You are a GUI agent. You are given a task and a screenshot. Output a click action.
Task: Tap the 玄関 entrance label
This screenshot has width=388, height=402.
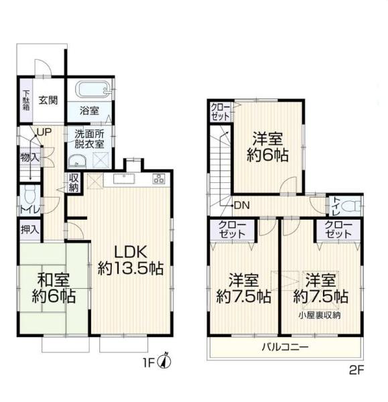48,100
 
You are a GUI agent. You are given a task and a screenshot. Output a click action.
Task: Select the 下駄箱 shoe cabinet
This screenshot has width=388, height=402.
26,100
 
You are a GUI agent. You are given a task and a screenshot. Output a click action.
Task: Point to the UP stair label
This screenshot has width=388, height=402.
44,132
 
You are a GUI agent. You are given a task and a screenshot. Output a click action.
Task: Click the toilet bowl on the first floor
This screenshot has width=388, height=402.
29,195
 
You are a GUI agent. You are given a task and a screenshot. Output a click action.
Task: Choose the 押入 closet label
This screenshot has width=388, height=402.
29,230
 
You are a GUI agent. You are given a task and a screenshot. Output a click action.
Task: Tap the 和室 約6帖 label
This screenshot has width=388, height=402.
54,288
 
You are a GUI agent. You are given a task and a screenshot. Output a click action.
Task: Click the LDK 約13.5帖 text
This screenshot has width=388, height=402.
131,260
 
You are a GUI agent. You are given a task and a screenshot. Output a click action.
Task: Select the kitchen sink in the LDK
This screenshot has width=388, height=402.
124,179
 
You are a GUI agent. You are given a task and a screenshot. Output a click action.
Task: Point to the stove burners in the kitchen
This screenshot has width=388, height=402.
159,179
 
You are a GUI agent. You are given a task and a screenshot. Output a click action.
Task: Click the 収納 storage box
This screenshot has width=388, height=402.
73,182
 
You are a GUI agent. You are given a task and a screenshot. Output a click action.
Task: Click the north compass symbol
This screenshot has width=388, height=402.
166,362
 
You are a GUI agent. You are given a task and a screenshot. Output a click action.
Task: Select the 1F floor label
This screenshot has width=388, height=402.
149,362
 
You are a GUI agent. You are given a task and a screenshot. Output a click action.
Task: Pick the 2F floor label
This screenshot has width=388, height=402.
357,371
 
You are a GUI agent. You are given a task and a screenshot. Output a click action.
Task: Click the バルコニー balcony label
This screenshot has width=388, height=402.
285,348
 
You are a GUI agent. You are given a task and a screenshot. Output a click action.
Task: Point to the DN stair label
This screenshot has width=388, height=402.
242,206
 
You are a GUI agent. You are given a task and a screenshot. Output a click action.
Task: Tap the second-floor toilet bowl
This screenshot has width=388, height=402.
350,206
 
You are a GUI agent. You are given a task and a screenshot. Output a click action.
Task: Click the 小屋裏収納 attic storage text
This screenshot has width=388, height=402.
320,316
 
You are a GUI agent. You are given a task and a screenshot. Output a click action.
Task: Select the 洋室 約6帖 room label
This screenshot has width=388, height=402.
268,147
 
